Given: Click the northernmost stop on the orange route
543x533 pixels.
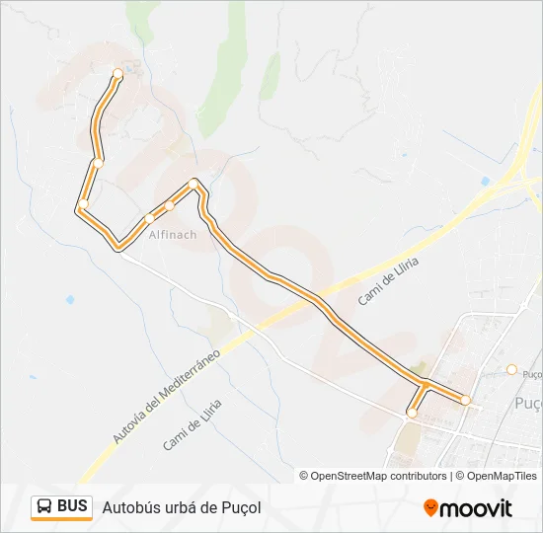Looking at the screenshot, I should (x=118, y=73).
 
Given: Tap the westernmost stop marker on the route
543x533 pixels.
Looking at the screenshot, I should (x=84, y=204).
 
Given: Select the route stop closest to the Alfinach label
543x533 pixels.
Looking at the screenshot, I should (x=149, y=219).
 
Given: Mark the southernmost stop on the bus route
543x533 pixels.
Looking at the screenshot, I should (x=412, y=414).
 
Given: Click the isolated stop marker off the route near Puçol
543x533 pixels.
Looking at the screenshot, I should (x=511, y=369).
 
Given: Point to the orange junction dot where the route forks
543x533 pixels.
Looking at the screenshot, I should (x=425, y=383).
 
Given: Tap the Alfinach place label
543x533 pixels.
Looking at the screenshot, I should (x=173, y=236).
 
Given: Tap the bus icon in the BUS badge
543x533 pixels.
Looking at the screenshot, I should (x=44, y=507).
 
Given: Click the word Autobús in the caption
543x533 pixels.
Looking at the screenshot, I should (x=129, y=507).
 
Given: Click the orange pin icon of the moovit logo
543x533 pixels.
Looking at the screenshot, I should (x=430, y=508).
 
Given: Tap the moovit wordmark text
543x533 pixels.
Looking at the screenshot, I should (x=476, y=508).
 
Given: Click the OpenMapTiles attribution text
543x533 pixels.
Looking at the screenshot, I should (x=501, y=476).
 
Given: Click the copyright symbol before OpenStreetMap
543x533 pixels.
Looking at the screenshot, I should (x=304, y=476).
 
